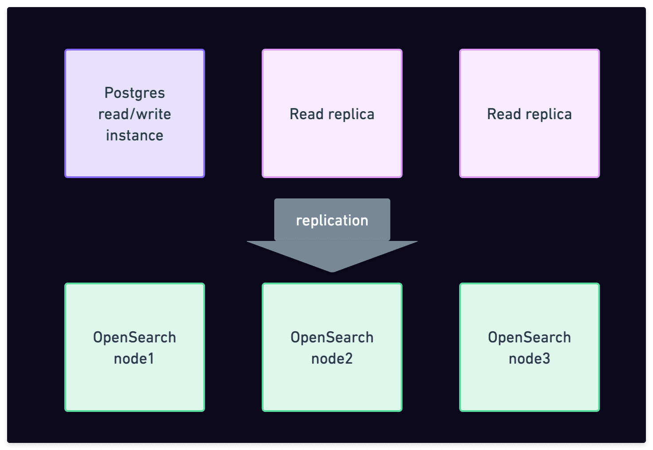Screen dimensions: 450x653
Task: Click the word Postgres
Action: [x=134, y=93]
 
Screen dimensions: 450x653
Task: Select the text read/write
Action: [x=134, y=114]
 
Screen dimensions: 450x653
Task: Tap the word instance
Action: [x=134, y=136]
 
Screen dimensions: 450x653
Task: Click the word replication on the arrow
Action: [x=332, y=221]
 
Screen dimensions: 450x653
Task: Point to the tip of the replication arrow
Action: [x=332, y=271]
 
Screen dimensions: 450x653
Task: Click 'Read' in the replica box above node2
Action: [x=306, y=114]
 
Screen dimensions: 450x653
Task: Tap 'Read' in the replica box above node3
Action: [x=504, y=114]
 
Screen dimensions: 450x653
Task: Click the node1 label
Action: [x=134, y=359]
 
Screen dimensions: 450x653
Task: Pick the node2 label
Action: [x=332, y=359]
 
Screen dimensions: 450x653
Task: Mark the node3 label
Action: [x=529, y=359]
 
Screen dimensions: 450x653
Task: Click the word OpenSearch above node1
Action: [x=134, y=337]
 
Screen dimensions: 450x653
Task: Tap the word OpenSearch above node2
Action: [x=332, y=337]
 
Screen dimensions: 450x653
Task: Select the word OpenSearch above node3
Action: [x=529, y=337]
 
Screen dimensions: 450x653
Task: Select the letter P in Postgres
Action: [x=109, y=93]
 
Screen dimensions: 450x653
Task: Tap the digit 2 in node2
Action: [x=349, y=359]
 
